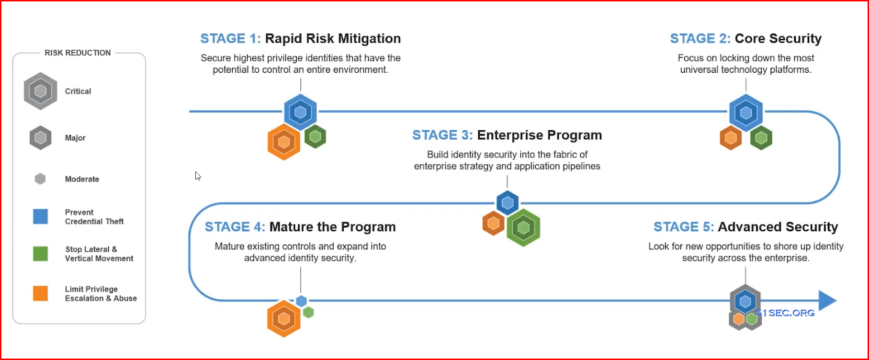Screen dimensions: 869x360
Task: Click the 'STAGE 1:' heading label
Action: tap(231, 38)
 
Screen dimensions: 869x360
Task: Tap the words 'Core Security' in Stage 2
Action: tap(778, 38)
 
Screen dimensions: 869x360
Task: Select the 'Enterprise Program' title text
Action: tap(540, 135)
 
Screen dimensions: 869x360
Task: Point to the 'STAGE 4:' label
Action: tap(235, 226)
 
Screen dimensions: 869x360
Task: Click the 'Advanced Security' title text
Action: tap(778, 226)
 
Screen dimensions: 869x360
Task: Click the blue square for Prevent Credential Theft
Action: tap(40, 216)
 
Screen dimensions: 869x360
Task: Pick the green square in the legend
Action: tap(40, 254)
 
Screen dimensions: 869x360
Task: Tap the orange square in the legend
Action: tap(40, 293)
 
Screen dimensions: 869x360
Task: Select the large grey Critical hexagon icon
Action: tap(41, 91)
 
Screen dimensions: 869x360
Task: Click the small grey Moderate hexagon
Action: tap(40, 179)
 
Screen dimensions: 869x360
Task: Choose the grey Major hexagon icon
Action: tap(41, 138)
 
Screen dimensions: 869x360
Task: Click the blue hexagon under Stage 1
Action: tap(300, 112)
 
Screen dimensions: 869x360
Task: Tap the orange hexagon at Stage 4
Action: tap(284, 318)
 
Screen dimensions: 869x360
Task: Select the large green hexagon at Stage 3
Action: tap(523, 228)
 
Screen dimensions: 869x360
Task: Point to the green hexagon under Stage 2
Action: tap(761, 138)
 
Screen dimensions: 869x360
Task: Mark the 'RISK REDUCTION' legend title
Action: tap(78, 53)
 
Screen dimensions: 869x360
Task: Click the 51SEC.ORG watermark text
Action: tap(785, 313)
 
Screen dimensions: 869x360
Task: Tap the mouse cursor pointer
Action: tap(198, 176)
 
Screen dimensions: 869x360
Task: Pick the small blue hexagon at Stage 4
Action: tap(301, 301)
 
